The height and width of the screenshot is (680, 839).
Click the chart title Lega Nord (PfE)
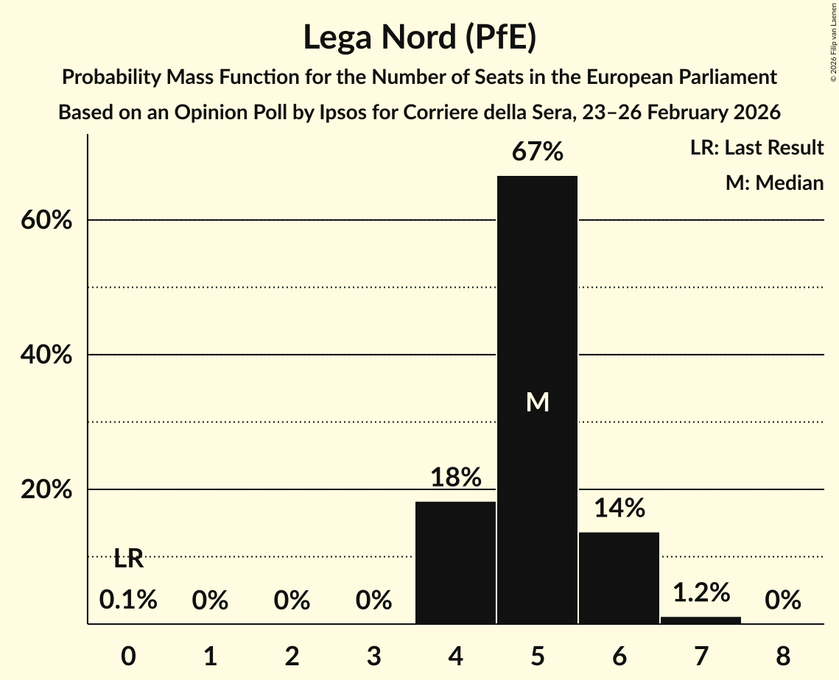click(419, 38)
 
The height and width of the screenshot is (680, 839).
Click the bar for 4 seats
click(455, 563)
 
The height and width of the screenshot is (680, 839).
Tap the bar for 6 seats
click(619, 578)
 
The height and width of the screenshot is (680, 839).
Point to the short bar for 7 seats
click(701, 620)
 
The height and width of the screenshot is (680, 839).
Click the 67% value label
click(538, 152)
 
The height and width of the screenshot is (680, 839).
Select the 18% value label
click(455, 478)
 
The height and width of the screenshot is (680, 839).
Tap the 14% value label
click(619, 508)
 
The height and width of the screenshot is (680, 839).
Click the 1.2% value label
click(701, 592)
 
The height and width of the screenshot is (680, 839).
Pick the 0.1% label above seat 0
click(128, 601)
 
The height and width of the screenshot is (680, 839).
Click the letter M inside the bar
click(538, 402)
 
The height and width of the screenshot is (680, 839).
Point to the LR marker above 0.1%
click(128, 559)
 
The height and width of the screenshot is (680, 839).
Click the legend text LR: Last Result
click(756, 148)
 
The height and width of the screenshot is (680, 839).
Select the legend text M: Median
click(773, 183)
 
